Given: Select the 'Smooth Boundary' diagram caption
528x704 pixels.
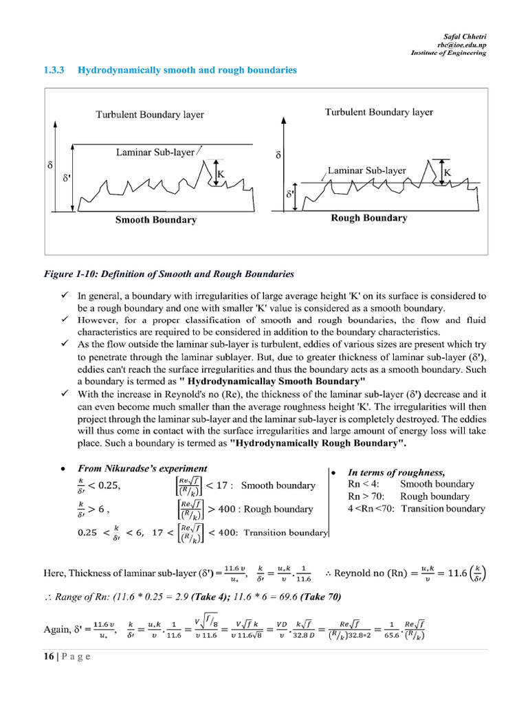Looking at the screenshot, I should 155,220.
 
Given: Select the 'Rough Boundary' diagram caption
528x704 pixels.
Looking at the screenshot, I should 368,218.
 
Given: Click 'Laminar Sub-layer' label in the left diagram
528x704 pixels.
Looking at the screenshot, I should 155,152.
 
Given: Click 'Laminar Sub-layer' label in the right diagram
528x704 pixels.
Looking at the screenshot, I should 366,170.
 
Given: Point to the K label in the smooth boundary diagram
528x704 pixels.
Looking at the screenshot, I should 221,175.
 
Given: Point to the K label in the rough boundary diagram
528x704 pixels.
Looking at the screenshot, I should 447,173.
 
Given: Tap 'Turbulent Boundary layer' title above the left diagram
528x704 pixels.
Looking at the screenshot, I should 149,115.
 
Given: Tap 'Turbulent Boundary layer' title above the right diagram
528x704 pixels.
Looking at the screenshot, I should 379,112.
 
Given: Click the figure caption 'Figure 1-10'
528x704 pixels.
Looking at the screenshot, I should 168,274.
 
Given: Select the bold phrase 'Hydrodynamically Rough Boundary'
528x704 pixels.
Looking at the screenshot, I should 318,443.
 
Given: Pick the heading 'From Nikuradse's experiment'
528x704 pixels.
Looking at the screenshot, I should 142,468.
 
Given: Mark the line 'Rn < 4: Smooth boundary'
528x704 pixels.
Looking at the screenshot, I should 411,484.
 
